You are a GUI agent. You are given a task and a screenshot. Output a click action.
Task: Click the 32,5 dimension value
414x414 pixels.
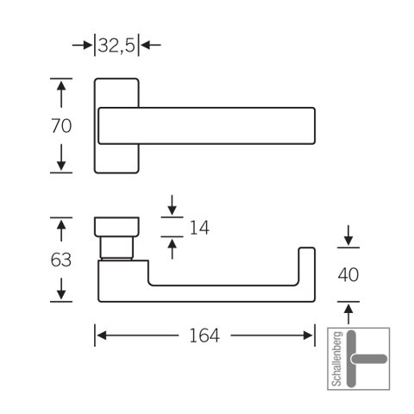point(116,46)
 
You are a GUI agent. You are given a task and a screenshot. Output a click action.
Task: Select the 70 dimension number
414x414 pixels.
point(61,126)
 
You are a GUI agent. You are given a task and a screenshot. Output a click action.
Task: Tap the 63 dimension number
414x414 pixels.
point(61,260)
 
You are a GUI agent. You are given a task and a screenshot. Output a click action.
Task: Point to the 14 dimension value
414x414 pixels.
point(199,228)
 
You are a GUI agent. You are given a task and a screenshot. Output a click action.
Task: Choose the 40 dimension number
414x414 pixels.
point(348,274)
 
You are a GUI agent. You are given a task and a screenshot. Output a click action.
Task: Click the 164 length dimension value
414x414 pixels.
point(204,336)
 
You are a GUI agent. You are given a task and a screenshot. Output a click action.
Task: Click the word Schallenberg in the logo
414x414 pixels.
point(337,359)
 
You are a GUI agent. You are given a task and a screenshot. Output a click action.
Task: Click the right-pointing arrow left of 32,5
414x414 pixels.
point(82,45)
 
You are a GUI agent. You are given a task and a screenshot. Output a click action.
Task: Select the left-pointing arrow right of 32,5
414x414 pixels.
point(151,45)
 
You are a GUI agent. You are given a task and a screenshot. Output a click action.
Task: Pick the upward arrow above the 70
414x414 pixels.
point(61,95)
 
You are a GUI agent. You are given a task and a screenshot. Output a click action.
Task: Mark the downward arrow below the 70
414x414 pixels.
point(61,157)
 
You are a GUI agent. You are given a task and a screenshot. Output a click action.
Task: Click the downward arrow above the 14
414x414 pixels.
point(172,205)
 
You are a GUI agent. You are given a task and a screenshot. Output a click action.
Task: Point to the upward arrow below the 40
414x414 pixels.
point(348,314)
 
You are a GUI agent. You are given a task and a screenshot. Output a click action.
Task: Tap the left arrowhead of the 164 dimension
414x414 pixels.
point(102,336)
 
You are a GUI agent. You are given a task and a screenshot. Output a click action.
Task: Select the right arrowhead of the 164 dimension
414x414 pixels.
point(308,336)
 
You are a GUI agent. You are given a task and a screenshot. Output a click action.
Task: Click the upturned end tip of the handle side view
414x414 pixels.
point(307,248)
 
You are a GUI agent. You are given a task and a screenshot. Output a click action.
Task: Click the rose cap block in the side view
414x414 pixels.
point(116,227)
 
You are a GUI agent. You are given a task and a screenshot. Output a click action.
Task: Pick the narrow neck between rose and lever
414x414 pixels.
point(116,248)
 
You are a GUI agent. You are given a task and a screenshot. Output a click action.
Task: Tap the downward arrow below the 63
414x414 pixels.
point(61,288)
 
